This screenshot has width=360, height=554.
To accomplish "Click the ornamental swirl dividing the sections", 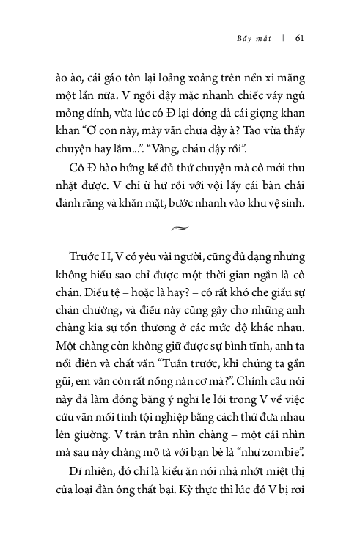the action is click(180, 229).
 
